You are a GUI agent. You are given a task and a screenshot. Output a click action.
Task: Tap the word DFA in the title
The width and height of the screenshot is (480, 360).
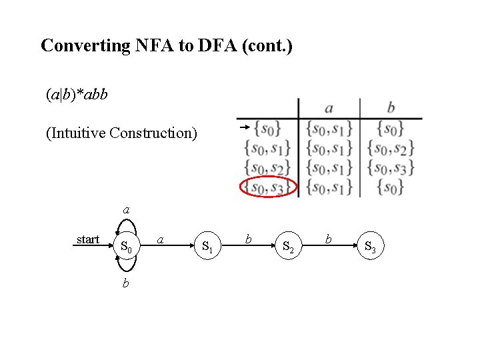coord(217,46)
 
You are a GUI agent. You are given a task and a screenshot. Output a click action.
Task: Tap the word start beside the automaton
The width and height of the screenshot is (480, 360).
coord(88,239)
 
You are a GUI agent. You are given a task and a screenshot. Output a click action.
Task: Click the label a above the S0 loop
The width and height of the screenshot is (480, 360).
coord(126,209)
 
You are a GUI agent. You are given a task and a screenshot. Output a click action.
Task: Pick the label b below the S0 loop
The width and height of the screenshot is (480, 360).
coord(126,283)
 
